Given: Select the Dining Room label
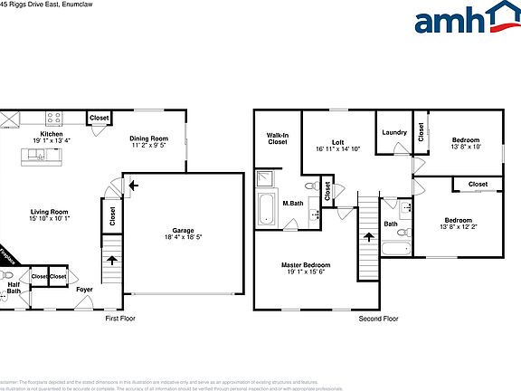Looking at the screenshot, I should [149, 138].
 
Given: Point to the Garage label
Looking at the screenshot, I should [183, 230].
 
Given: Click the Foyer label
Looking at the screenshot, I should [84, 290].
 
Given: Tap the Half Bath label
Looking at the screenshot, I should [14, 289].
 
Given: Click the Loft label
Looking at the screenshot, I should [337, 141].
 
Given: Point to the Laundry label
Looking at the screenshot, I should [394, 132].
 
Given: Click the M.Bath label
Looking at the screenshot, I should [292, 203].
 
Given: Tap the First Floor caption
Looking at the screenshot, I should [120, 319].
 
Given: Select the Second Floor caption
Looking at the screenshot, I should [379, 319].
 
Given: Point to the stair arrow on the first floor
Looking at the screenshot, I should [112, 260].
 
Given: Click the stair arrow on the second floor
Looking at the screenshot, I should [368, 237].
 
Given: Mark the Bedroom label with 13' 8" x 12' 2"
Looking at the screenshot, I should [458, 221].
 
